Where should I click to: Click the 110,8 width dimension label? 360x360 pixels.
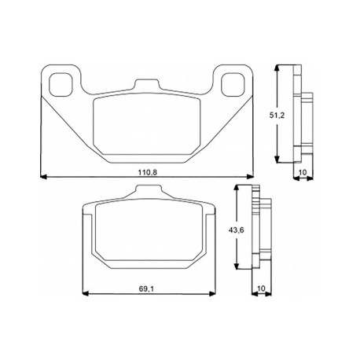(148, 172)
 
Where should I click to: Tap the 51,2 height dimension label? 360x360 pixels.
(277, 115)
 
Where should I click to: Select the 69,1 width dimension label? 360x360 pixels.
(146, 288)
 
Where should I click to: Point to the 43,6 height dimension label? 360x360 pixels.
(237, 230)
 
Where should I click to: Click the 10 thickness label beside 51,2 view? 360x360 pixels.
(303, 172)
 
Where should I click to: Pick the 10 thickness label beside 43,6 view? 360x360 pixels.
(261, 288)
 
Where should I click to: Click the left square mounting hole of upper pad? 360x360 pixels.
(61, 84)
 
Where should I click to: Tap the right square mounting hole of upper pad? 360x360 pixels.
(233, 84)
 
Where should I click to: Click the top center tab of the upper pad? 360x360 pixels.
(147, 85)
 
